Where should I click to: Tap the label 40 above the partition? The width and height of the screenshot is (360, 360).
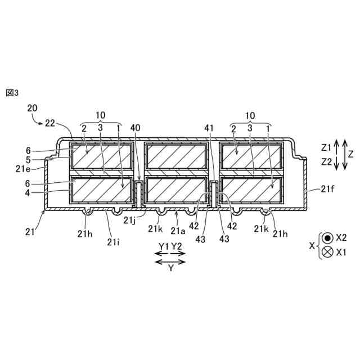point(135,128)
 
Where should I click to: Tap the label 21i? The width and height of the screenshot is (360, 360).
point(112,242)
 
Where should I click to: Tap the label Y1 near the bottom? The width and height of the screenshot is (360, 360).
point(163,246)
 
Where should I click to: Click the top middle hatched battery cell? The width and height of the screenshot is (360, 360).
point(177,155)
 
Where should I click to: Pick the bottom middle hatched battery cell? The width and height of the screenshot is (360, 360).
point(177,190)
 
